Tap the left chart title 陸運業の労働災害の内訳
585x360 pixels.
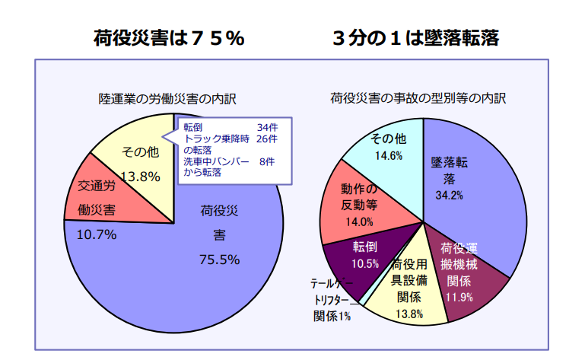coord(168,99)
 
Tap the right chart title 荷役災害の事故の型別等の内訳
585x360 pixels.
coord(418,98)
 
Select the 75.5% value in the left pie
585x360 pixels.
coord(219,260)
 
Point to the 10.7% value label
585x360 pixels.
coord(97,234)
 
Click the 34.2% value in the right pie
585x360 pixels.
coord(449,195)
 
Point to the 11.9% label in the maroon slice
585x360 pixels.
coord(459,296)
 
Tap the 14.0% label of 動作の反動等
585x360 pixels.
coord(358,222)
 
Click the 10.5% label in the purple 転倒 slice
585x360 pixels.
coord(365,263)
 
